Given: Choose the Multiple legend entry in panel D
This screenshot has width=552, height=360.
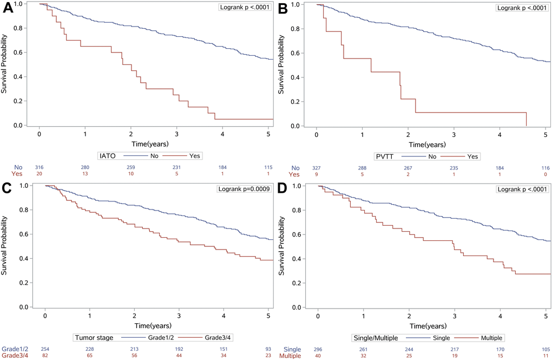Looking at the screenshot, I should point(490,337).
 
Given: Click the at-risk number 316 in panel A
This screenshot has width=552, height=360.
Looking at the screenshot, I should point(39,168).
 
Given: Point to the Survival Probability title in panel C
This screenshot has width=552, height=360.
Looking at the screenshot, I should point(5,246).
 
